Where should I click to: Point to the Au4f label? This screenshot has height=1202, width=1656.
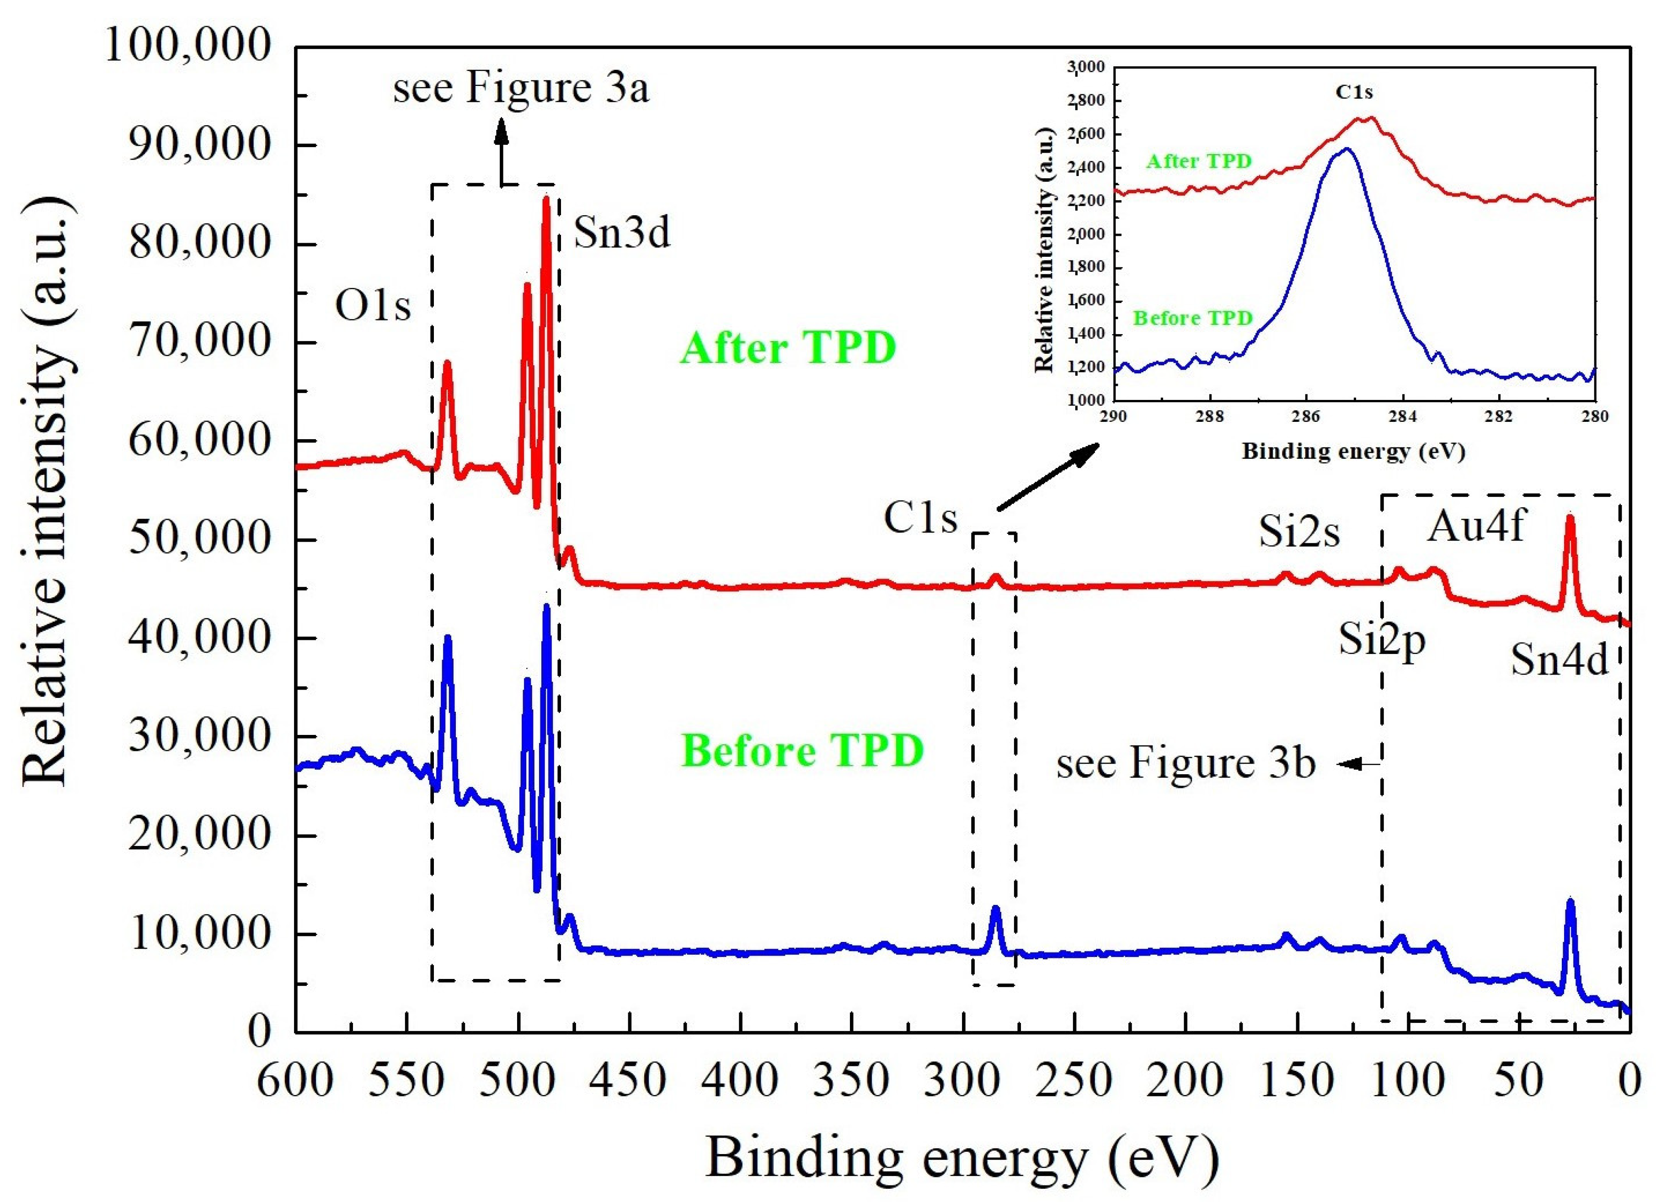coord(1476,526)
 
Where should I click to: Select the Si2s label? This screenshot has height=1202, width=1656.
coord(1299,532)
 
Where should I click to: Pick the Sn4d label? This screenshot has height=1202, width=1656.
coord(1559,660)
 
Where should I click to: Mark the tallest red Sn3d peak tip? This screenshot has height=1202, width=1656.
coord(545,198)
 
